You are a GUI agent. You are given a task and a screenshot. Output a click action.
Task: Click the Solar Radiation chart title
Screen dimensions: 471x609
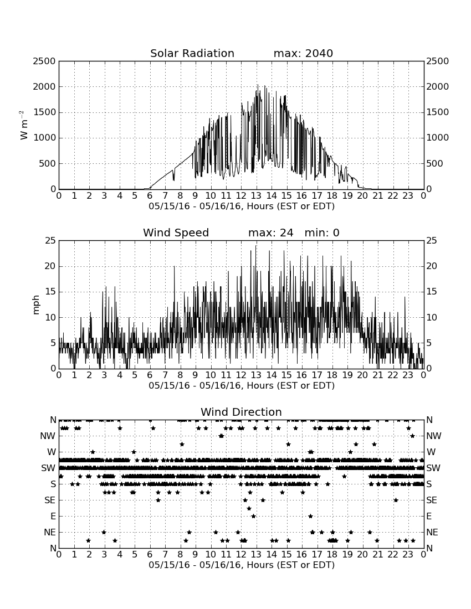tap(192, 53)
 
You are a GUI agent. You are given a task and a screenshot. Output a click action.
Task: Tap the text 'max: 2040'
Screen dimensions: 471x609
tap(303, 53)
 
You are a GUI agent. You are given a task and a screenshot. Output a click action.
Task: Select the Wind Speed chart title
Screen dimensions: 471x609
tap(176, 233)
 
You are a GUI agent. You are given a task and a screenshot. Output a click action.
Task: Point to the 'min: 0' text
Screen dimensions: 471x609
tap(322, 233)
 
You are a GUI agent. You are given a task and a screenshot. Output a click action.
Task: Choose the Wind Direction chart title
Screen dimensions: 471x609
tap(241, 412)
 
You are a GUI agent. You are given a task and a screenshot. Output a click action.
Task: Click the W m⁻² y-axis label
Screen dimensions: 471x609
tap(23, 125)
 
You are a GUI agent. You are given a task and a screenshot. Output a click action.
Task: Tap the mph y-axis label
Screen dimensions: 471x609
tap(36, 305)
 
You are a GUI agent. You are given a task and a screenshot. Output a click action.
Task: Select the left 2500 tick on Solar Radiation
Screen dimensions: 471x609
tap(44, 61)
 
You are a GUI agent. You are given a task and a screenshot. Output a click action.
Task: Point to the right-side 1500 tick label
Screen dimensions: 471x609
tap(438, 112)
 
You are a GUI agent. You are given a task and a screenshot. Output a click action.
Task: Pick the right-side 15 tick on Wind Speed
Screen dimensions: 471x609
tap(432, 292)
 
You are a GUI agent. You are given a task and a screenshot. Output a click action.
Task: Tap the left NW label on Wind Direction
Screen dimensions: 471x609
tap(48, 436)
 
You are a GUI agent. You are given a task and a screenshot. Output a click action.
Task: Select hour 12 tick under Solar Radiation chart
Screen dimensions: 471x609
tap(241, 196)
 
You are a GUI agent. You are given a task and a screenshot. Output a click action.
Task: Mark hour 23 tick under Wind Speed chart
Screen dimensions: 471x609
tap(408, 375)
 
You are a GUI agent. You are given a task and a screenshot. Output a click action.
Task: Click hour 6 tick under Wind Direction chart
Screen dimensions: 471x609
tap(150, 554)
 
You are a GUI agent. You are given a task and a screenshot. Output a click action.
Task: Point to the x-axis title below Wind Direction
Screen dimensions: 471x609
tap(242, 565)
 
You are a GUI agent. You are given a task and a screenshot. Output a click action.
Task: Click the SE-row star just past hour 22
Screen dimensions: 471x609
tap(396, 500)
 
